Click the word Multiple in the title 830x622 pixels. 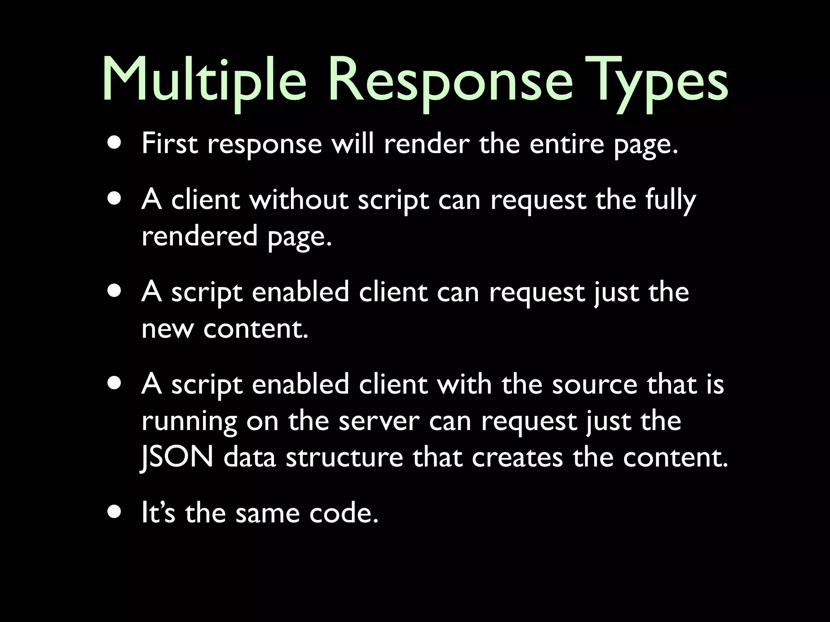pos(205,79)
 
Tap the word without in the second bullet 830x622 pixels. pos(299,200)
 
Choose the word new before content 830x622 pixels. pos(167,329)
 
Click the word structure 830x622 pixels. pos(344,458)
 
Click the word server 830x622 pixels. pos(379,421)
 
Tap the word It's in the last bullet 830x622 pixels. pos(158,513)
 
